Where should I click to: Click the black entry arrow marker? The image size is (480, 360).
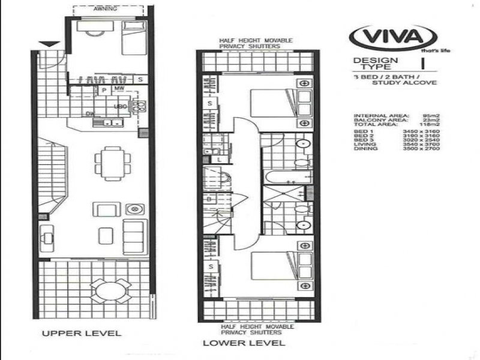(x=50, y=44)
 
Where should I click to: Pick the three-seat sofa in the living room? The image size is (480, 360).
(x=133, y=231)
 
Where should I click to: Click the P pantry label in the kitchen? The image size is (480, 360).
(x=103, y=91)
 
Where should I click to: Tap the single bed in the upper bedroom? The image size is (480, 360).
(x=133, y=37)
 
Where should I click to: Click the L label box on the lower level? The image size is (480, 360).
(x=220, y=159)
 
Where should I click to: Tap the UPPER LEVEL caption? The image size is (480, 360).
(x=82, y=332)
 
